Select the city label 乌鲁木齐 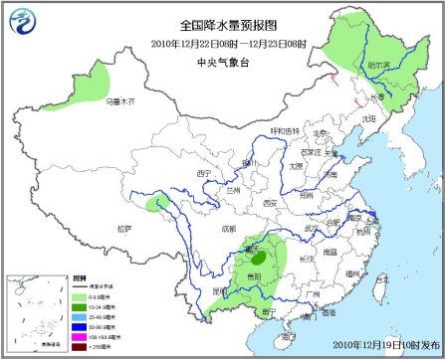pyautogui.click(x=119, y=100)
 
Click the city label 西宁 pyautogui.click(x=206, y=172)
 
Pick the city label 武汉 pyautogui.click(x=316, y=228)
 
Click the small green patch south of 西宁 pyautogui.click(x=155, y=205)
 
